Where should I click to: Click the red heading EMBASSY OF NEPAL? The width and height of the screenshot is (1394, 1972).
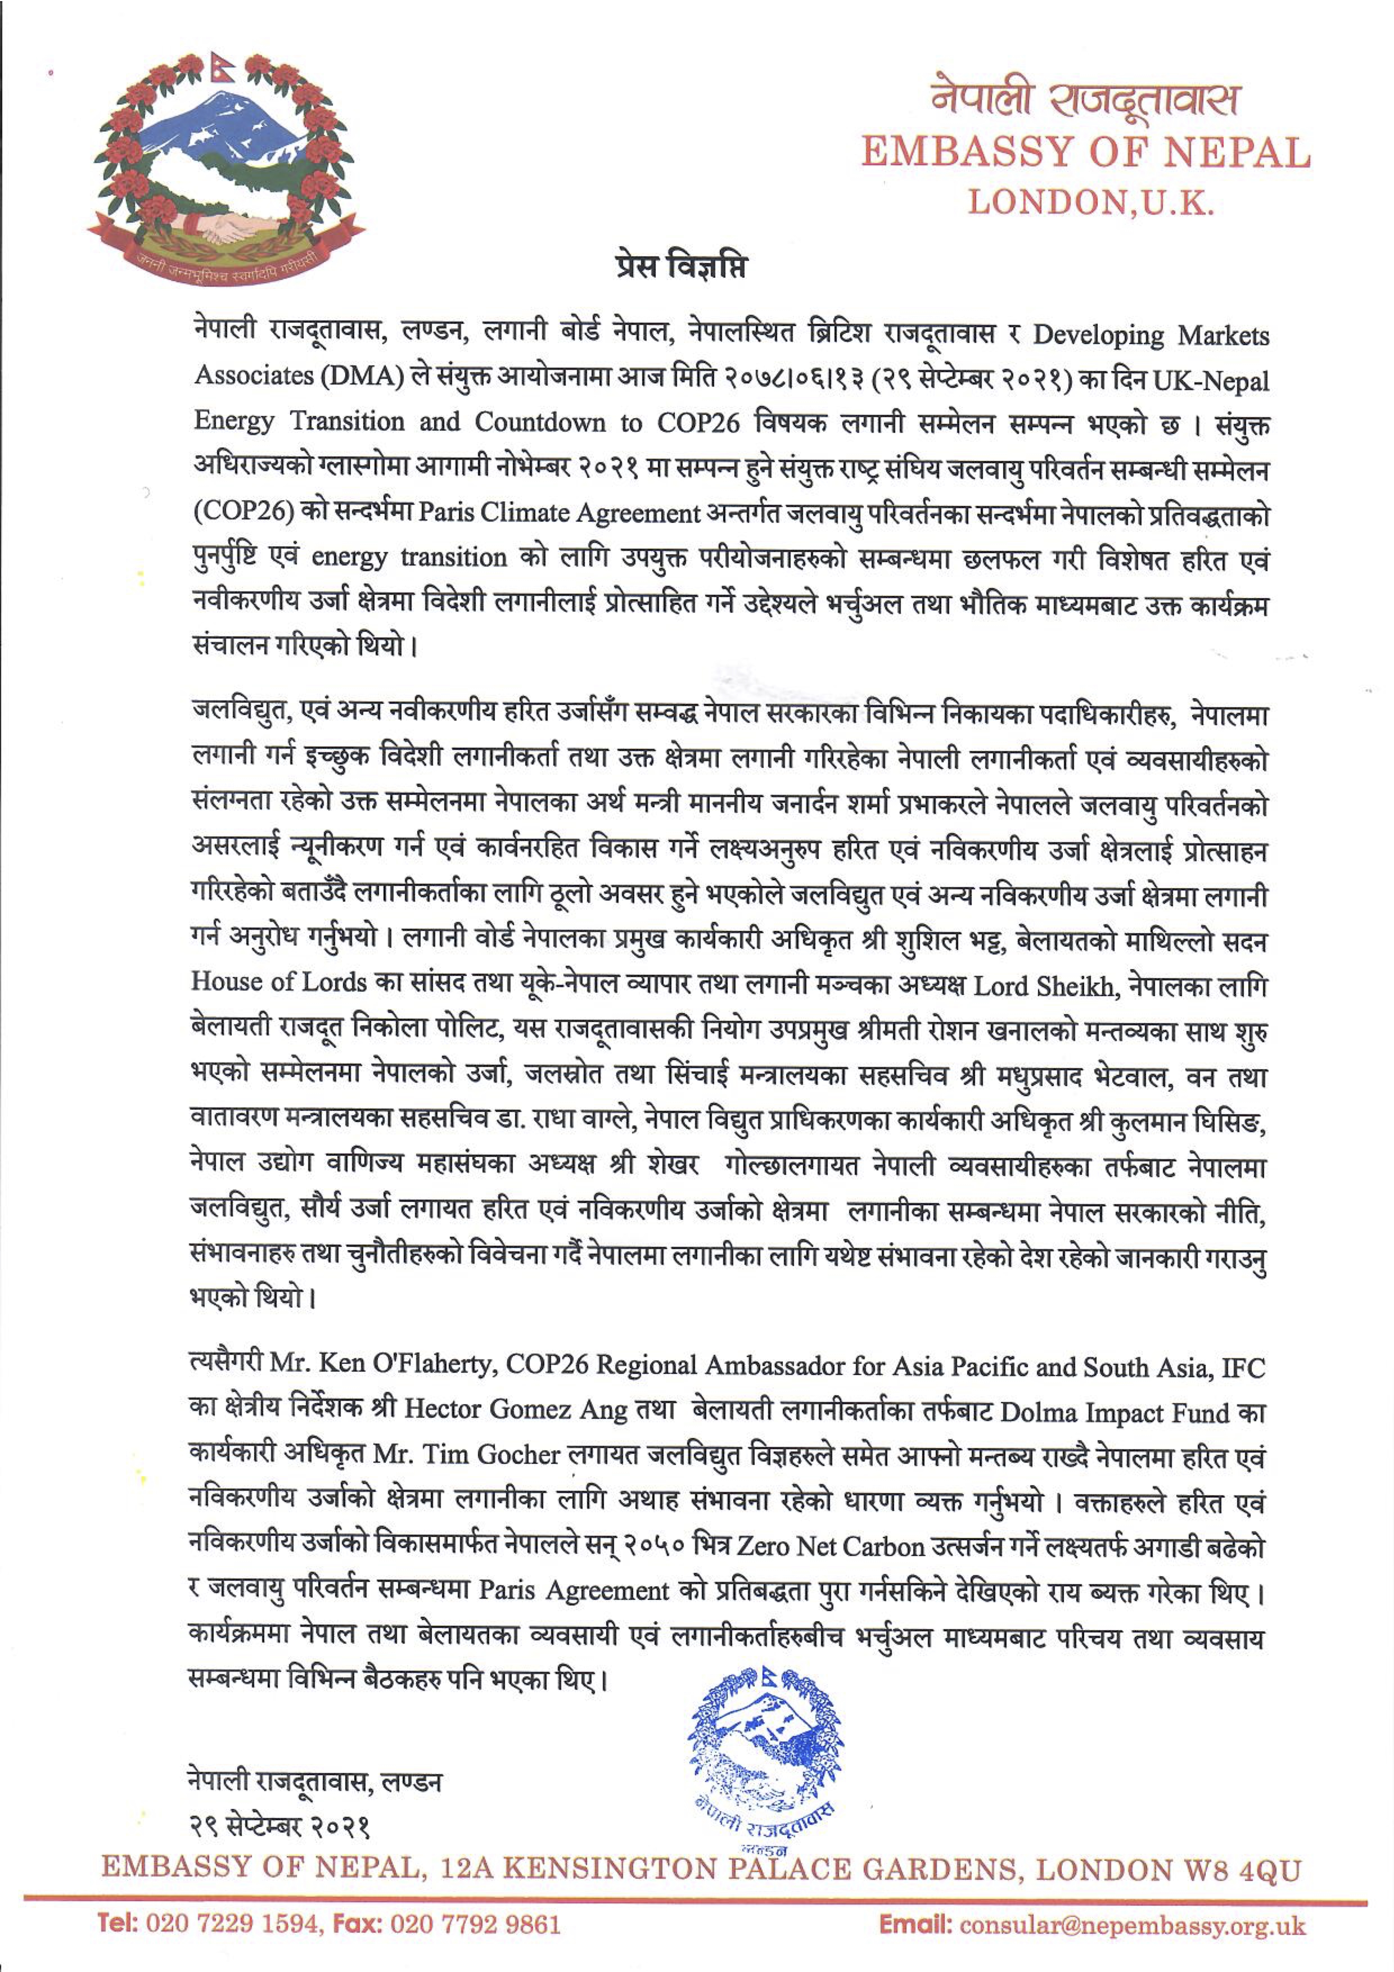(x=1086, y=153)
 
